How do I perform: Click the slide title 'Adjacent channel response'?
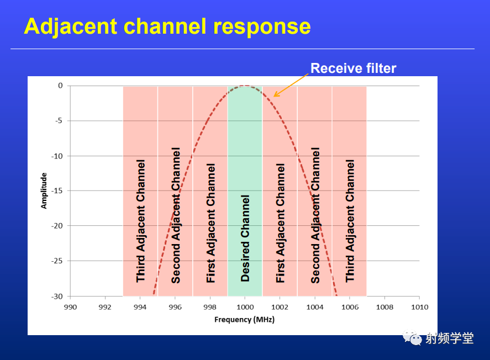pyautogui.click(x=167, y=27)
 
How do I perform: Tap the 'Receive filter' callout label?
pyautogui.click(x=353, y=68)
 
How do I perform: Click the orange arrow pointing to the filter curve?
pyautogui.click(x=291, y=85)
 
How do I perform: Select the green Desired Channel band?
pyautogui.click(x=245, y=191)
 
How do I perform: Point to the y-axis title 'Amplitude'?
pyautogui.click(x=44, y=190)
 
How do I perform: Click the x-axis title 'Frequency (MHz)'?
pyautogui.click(x=244, y=319)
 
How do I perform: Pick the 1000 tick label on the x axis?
pyautogui.click(x=245, y=307)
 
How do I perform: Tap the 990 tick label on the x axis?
pyautogui.click(x=70, y=307)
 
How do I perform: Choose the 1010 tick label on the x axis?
pyautogui.click(x=419, y=307)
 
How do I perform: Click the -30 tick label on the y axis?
pyautogui.click(x=57, y=297)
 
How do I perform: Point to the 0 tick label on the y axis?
pyautogui.click(x=60, y=86)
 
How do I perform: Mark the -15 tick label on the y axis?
pyautogui.click(x=57, y=190)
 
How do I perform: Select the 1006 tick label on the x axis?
pyautogui.click(x=350, y=307)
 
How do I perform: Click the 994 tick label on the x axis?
pyautogui.click(x=140, y=307)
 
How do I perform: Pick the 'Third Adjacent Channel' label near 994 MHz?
pyautogui.click(x=141, y=221)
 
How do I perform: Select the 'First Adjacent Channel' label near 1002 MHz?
pyautogui.click(x=280, y=223)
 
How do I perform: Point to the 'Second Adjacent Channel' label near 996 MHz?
pyautogui.click(x=176, y=215)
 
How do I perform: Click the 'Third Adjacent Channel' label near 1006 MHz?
pyautogui.click(x=350, y=221)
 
